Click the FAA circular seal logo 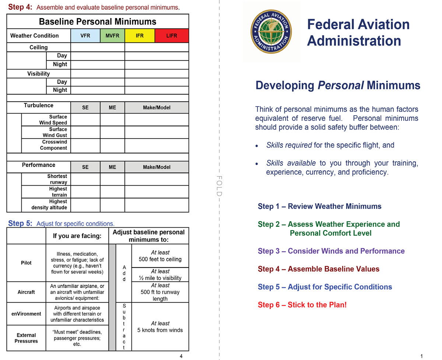(x=271, y=31)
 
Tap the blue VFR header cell (x=85, y=36)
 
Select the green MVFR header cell (x=112, y=36)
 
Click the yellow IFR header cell (x=140, y=36)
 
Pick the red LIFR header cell (x=172, y=36)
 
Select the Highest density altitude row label (x=49, y=205)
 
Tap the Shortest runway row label (x=57, y=179)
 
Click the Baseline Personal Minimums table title (x=98, y=21)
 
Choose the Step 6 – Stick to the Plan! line (x=302, y=305)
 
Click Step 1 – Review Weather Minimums (x=320, y=206)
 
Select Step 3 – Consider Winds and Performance (x=331, y=251)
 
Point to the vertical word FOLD (x=219, y=186)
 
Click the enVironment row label (x=26, y=314)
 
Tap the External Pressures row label (x=26, y=338)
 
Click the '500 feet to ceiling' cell (x=160, y=256)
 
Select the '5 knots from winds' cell (x=160, y=326)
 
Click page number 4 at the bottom (x=181, y=356)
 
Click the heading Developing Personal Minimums (x=338, y=85)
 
